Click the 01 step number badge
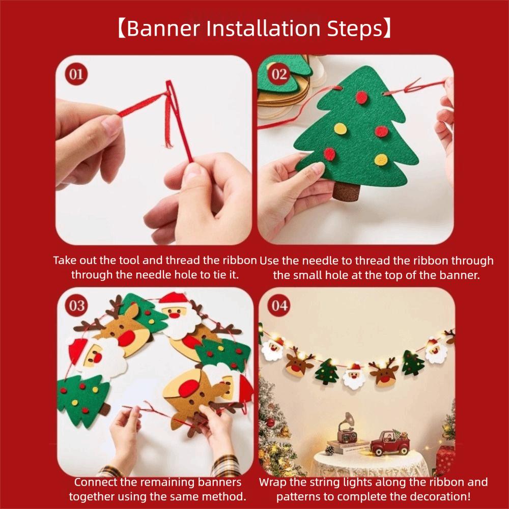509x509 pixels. pos(76,75)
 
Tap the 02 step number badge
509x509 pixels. pos(279,75)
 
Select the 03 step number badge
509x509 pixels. pos(76,305)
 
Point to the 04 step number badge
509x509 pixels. pos(279,305)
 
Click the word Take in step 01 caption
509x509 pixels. pos(65,261)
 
